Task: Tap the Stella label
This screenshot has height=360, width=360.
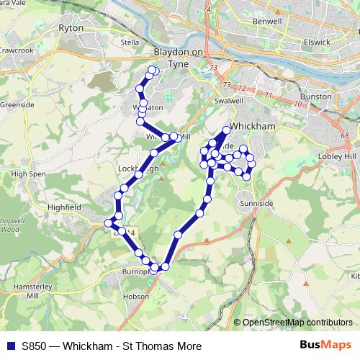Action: [x=130, y=42]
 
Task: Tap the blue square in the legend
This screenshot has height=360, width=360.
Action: [x=10, y=346]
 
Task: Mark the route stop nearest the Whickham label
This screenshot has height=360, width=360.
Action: [x=226, y=130]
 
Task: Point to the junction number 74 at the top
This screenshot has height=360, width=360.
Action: [x=207, y=9]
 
